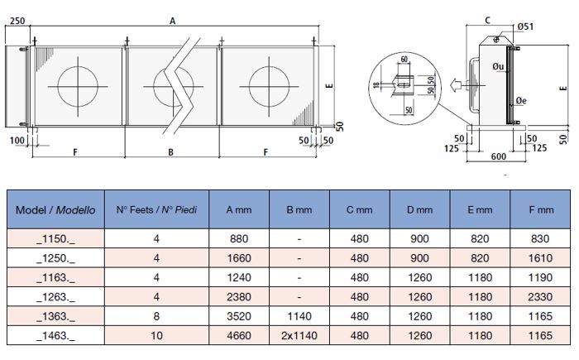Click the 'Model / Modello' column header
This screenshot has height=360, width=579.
coord(55,210)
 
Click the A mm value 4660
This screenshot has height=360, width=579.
coord(238,335)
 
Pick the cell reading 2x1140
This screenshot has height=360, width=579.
coord(299,335)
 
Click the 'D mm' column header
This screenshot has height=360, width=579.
coord(419,210)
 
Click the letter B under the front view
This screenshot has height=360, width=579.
coord(170,152)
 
